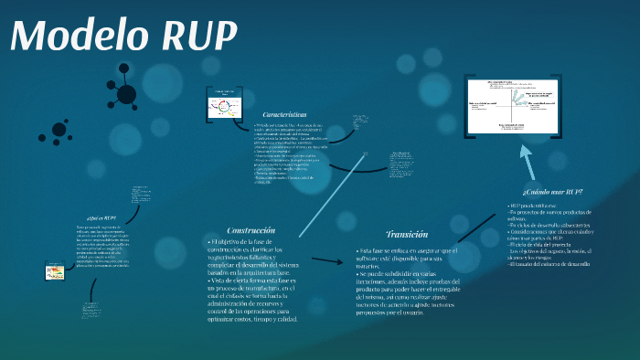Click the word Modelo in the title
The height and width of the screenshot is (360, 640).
(80, 37)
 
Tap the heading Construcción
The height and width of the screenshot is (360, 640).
(251, 230)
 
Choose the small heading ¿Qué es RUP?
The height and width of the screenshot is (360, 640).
(101, 219)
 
